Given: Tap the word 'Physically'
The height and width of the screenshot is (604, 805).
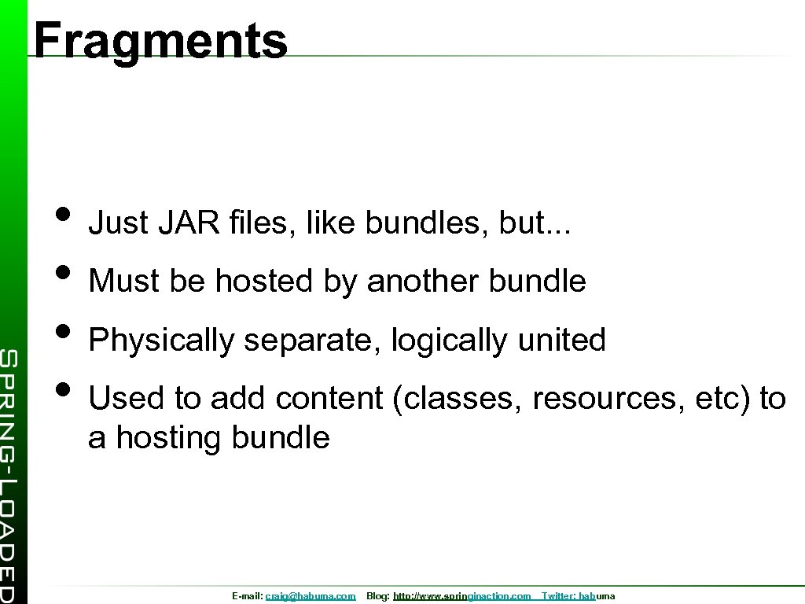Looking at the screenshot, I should [x=161, y=341].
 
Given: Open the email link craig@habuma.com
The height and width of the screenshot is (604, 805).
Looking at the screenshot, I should [x=310, y=597].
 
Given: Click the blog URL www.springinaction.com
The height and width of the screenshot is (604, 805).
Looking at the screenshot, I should [x=461, y=597].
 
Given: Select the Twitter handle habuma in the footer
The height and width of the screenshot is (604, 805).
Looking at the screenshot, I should [x=597, y=597].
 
